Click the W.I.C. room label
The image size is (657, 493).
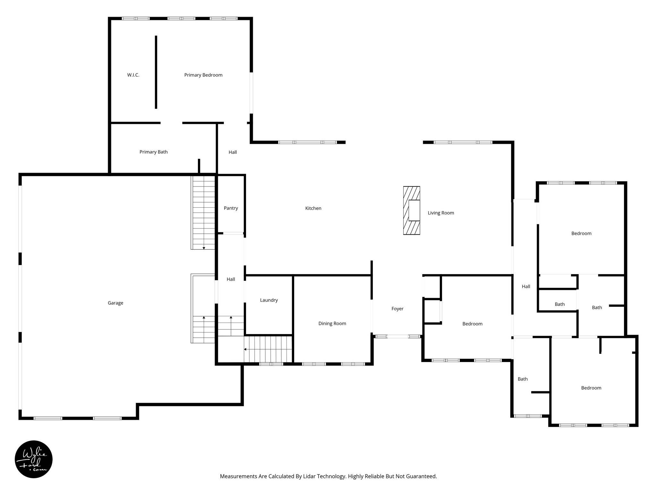click(133, 75)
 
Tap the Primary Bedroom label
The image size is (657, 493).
click(203, 75)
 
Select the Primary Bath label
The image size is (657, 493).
click(153, 152)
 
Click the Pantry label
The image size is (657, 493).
click(231, 208)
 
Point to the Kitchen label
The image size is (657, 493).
click(313, 208)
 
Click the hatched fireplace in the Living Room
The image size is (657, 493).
click(412, 211)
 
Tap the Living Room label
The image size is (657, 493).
click(441, 213)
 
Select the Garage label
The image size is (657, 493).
click(115, 303)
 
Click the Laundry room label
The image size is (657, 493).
click(269, 300)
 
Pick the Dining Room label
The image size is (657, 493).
click(332, 324)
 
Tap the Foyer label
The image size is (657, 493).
click(397, 309)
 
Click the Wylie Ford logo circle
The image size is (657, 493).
click(34, 459)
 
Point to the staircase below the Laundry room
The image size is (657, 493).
click(268, 349)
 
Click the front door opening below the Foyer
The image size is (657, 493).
click(397, 336)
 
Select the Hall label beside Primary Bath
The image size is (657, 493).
click(233, 152)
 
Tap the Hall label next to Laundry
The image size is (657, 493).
click(231, 280)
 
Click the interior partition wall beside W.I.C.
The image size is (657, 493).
click(156, 72)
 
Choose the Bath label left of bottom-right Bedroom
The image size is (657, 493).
click(523, 379)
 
